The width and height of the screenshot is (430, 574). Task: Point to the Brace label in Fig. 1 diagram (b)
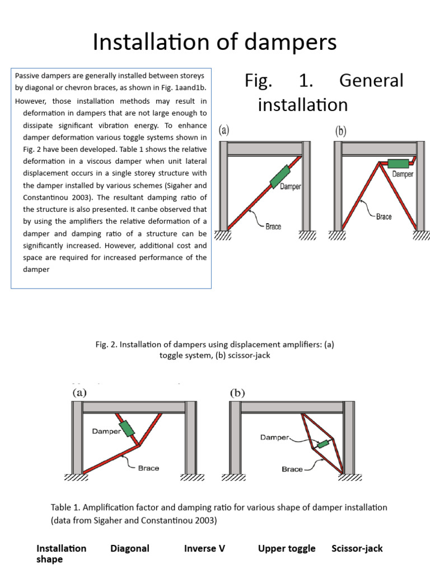(x=384, y=217)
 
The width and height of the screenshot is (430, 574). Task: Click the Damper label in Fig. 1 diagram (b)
(x=403, y=175)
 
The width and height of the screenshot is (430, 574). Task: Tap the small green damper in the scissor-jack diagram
(x=322, y=445)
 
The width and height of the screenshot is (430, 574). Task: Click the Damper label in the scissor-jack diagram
(x=275, y=437)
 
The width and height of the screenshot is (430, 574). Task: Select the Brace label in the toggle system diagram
(x=149, y=467)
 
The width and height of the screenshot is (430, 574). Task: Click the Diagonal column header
(x=130, y=548)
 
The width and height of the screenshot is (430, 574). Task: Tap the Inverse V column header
(x=204, y=548)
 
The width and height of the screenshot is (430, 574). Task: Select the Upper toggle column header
(x=287, y=548)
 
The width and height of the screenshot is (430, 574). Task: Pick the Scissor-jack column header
(x=357, y=548)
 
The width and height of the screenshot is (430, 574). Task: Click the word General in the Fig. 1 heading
(x=371, y=81)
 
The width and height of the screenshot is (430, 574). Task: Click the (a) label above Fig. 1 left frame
(x=224, y=131)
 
